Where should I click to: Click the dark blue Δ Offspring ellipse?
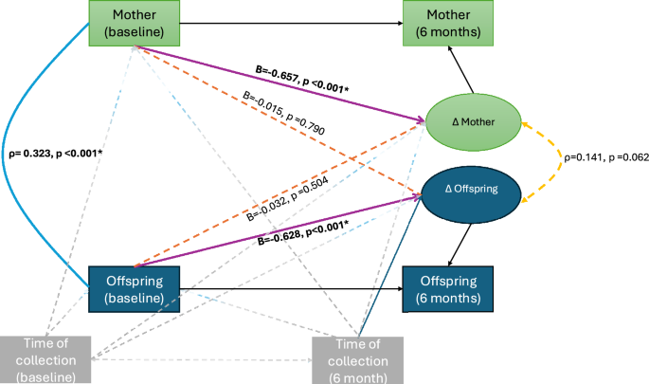(470, 190)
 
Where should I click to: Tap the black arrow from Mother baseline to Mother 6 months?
(284, 22)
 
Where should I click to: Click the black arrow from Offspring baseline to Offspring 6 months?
(284, 289)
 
